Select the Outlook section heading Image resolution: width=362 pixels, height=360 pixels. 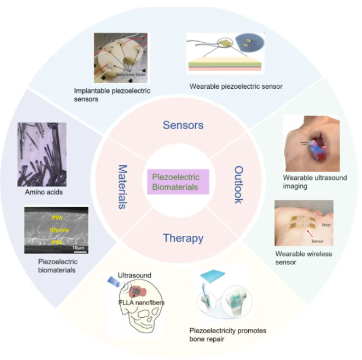238,184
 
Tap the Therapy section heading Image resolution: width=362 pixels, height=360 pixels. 183,238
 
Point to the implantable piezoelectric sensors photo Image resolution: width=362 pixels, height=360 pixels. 121,58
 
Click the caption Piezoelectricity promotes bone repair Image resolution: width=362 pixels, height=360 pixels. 228,334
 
